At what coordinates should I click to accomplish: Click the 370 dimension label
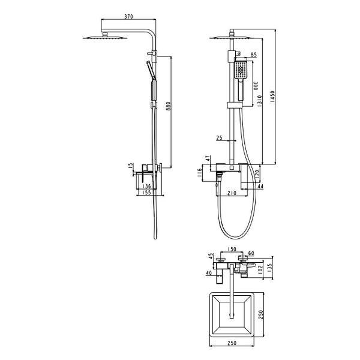tap(128, 17)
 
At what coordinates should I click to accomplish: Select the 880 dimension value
tap(168, 106)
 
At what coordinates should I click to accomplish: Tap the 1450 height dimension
tap(272, 97)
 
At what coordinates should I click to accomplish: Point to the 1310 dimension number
tap(259, 101)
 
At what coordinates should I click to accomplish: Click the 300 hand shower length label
tap(256, 85)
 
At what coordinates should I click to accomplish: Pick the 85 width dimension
tap(253, 55)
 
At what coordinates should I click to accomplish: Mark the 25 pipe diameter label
tap(219, 138)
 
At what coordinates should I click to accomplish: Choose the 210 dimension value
tap(232, 193)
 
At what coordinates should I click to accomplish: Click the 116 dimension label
tap(200, 173)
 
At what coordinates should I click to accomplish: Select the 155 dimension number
tap(146, 193)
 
